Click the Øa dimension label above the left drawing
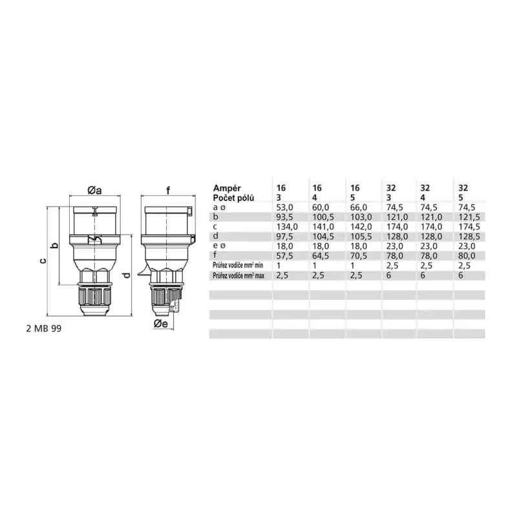(x=94, y=190)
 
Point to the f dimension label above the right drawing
(x=168, y=190)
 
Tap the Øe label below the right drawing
(x=160, y=324)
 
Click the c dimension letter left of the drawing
(x=43, y=261)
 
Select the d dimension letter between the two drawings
(x=128, y=275)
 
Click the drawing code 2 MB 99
(x=44, y=329)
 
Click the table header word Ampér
(x=227, y=188)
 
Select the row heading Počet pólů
(x=233, y=198)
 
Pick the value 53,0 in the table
(x=284, y=207)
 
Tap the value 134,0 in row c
(x=287, y=227)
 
